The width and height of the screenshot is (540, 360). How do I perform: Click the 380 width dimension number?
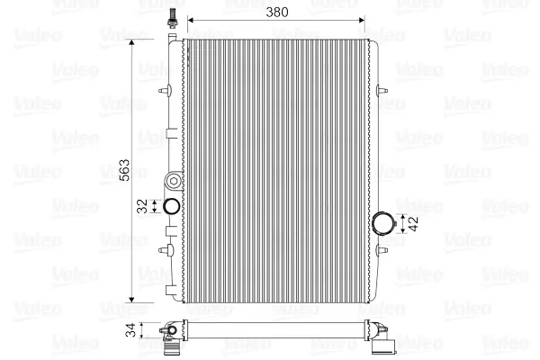click(x=277, y=13)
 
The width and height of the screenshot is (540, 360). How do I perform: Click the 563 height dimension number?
click(x=124, y=170)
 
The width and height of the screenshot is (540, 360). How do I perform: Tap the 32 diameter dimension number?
click(x=142, y=206)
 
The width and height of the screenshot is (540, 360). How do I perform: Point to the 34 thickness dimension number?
click(x=130, y=330)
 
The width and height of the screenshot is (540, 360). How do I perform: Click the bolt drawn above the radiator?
click(x=171, y=17)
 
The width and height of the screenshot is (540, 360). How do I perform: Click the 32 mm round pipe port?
click(x=171, y=206)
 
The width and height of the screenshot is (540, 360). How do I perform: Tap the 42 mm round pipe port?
click(x=383, y=223)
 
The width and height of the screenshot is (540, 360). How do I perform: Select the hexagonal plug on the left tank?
click(x=174, y=181)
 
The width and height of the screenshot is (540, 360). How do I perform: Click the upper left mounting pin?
click(x=166, y=91)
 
